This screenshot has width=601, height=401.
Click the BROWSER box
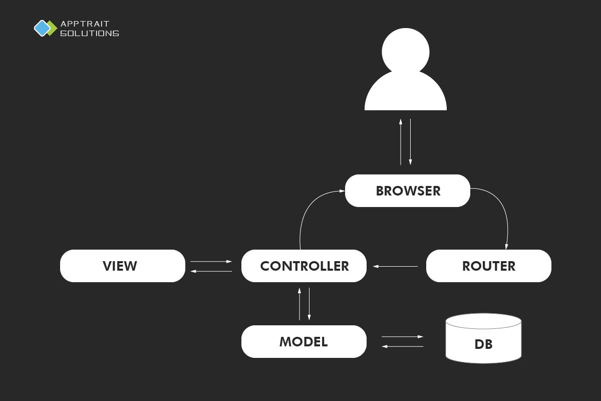pyautogui.click(x=408, y=190)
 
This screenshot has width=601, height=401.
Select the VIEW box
pyautogui.click(x=122, y=266)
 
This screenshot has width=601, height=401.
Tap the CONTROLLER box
pyautogui.click(x=304, y=266)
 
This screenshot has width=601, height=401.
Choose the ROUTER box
pyautogui.click(x=488, y=266)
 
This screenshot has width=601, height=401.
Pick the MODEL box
pyautogui.click(x=304, y=341)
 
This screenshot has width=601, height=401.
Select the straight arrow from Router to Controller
pyautogui.click(x=395, y=266)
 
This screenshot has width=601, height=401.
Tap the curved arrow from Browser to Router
pyautogui.click(x=501, y=211)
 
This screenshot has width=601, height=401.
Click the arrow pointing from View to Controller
pyautogui.click(x=211, y=261)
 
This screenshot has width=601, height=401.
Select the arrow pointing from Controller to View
pyautogui.click(x=211, y=271)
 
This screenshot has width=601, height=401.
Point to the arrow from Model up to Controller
pyautogui.click(x=299, y=304)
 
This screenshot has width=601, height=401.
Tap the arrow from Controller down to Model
pyautogui.click(x=309, y=304)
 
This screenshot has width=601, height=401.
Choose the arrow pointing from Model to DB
pyautogui.click(x=402, y=336)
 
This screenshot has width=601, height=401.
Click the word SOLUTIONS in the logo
pyautogui.click(x=90, y=34)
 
